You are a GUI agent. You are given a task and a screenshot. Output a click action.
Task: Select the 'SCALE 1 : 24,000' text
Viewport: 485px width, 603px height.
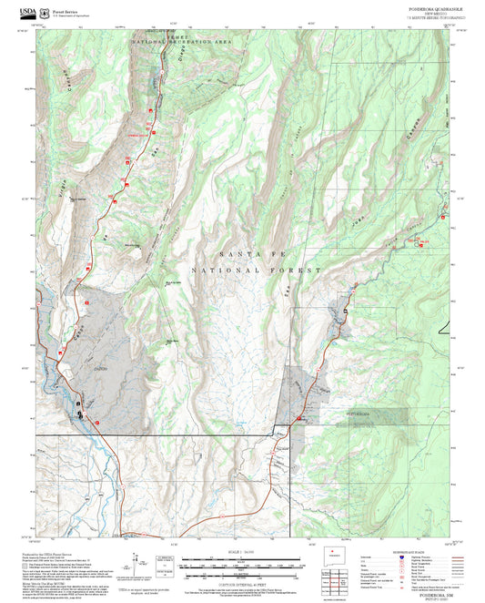click(x=243, y=550)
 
